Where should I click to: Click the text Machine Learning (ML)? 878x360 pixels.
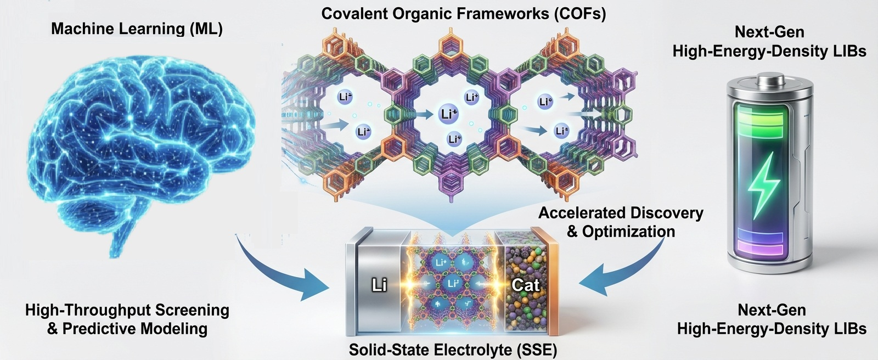(137, 29)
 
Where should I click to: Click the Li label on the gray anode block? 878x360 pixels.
(379, 285)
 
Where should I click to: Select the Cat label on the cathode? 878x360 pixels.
(525, 285)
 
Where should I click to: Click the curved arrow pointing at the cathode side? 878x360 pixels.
(626, 269)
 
